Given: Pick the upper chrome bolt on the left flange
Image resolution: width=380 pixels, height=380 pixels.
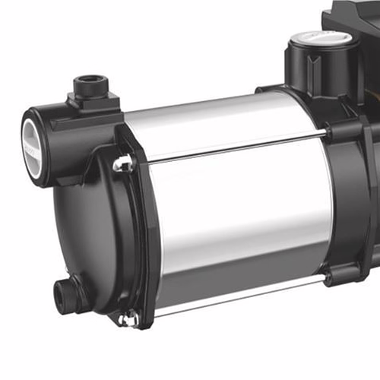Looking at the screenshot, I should click(122, 163).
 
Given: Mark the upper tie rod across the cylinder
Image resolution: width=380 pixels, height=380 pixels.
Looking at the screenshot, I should click(228, 146).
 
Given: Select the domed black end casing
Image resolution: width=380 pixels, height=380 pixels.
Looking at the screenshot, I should click(84, 228).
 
